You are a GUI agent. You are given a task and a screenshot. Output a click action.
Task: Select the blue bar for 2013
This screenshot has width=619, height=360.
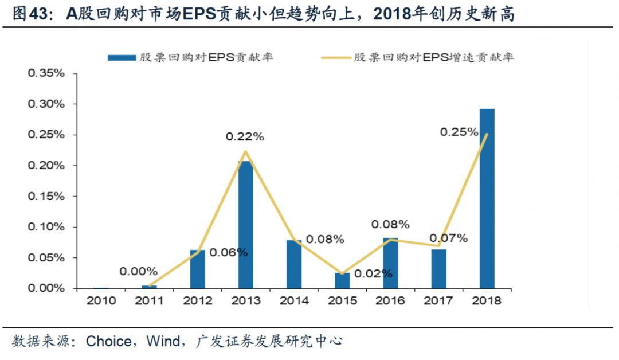click(245, 225)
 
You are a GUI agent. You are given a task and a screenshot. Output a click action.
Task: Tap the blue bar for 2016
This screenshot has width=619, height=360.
click(390, 263)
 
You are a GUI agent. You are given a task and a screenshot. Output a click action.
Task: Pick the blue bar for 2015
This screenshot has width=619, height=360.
click(342, 280)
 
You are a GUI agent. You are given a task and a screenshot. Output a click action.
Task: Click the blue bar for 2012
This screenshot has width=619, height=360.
click(197, 269)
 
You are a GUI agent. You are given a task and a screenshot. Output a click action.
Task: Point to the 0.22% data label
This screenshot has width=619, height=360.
click(245, 137)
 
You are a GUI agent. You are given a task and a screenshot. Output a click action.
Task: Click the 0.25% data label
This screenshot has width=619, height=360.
click(459, 132)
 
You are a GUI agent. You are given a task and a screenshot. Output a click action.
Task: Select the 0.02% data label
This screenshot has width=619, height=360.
click(373, 273)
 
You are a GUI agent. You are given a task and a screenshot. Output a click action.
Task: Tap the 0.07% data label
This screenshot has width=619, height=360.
click(448, 238)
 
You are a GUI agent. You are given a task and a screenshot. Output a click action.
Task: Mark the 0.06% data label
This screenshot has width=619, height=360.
click(228, 252)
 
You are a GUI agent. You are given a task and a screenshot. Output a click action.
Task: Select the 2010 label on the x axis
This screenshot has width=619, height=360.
click(101, 301)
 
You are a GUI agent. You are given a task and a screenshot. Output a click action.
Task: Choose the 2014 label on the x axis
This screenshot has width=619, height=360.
click(293, 301)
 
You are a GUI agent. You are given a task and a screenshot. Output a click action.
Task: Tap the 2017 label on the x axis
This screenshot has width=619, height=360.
click(438, 301)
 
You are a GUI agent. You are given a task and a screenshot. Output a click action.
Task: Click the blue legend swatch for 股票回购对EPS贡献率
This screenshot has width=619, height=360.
click(121, 57)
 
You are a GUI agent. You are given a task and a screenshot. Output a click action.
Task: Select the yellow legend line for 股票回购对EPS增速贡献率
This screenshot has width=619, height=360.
click(334, 57)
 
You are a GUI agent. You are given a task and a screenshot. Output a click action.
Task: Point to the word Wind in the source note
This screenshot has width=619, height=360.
click(164, 342)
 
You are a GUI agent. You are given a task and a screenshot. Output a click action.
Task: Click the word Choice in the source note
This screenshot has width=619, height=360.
click(108, 342)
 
